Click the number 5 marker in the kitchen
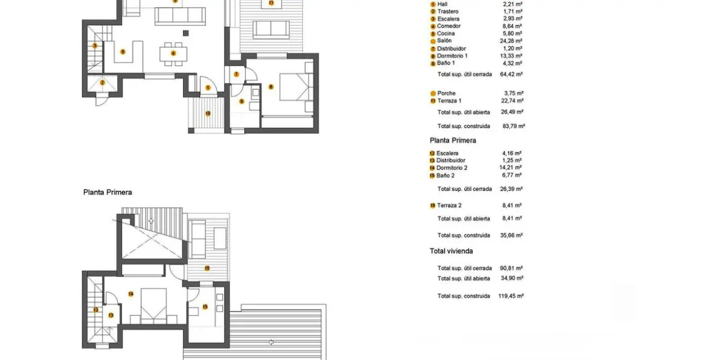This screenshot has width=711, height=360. (x=123, y=52)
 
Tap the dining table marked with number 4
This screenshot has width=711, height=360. (x=173, y=54)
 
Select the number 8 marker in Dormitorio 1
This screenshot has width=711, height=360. (x=271, y=87)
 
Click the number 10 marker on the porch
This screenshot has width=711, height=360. (x=208, y=113)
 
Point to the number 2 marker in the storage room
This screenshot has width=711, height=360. (x=102, y=82)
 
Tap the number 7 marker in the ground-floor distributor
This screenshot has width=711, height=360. (x=236, y=74)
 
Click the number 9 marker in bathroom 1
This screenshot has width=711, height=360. (x=242, y=101)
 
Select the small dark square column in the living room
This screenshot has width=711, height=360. (x=186, y=33)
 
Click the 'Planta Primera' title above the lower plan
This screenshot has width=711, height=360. (x=107, y=192)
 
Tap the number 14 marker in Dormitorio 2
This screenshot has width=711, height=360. (x=131, y=294)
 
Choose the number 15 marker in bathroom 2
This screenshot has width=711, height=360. (x=204, y=306)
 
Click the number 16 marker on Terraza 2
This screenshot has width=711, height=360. (x=207, y=268)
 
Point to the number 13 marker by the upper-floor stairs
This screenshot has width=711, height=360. (x=110, y=315)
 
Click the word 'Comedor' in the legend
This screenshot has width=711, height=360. (x=449, y=26)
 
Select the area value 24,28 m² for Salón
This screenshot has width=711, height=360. (x=512, y=41)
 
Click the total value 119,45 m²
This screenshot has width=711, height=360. (x=511, y=296)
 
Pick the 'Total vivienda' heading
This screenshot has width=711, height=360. (x=451, y=251)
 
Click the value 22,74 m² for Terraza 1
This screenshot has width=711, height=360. (x=512, y=101)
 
